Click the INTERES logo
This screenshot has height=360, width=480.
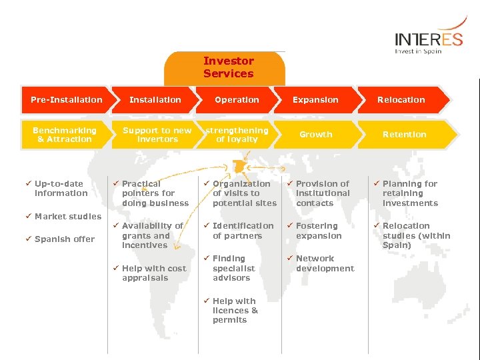(x=428, y=42)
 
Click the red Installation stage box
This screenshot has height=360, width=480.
(x=155, y=100)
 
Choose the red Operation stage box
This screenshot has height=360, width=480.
(x=237, y=100)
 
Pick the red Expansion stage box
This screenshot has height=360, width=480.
(x=315, y=100)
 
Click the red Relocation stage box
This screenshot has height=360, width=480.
(x=401, y=100)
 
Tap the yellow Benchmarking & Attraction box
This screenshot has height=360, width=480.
(x=65, y=135)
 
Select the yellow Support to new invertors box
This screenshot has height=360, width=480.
(x=157, y=135)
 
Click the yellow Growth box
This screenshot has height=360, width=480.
(x=315, y=135)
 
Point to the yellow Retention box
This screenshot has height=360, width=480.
(x=404, y=135)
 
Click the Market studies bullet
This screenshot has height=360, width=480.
(x=67, y=216)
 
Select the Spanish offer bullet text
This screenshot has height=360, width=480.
(x=64, y=239)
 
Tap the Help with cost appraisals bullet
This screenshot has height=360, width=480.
(x=153, y=273)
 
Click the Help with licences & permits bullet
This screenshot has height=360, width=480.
(x=235, y=311)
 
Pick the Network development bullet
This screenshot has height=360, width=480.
(x=325, y=263)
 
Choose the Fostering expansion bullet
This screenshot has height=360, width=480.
(x=318, y=231)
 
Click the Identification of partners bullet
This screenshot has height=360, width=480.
(x=243, y=231)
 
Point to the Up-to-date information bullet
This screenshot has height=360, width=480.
(x=61, y=189)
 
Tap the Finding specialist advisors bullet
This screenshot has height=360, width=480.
(x=231, y=268)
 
